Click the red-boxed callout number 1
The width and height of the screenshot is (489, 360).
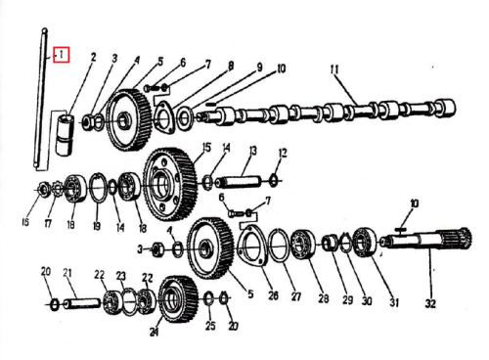(x=61, y=55)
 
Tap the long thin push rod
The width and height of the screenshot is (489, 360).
(x=40, y=99)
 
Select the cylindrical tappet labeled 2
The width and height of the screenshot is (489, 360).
(x=65, y=134)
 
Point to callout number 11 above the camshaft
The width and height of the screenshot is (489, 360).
(x=334, y=69)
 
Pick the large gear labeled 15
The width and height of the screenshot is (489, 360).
(x=170, y=185)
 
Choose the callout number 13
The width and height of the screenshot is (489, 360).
(x=253, y=151)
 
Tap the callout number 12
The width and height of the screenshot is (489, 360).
(x=283, y=153)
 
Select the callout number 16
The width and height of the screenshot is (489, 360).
(x=25, y=222)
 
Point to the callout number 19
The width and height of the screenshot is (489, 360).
(x=97, y=225)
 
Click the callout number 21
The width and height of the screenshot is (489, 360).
(x=67, y=273)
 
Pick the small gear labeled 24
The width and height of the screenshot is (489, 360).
(x=179, y=299)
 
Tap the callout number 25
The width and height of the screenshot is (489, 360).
(x=210, y=325)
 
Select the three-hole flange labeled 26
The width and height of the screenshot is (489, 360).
(x=252, y=244)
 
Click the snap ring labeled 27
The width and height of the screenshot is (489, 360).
(x=279, y=246)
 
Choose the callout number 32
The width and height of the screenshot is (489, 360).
(x=430, y=303)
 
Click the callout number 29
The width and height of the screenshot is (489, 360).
(x=347, y=299)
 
